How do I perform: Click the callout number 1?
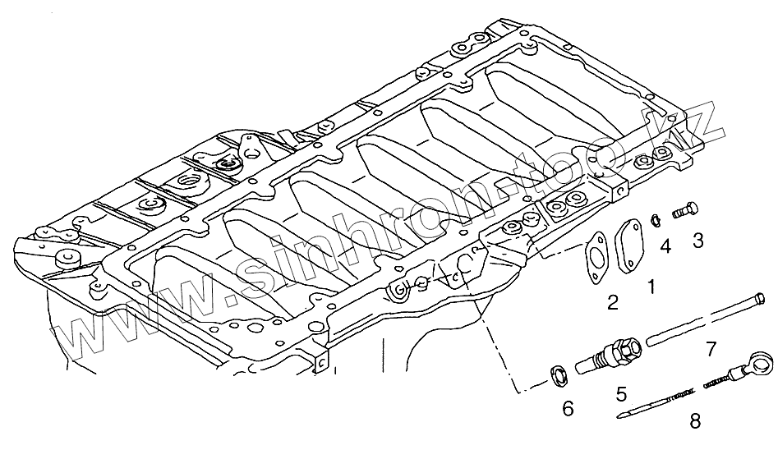pyautogui.click(x=651, y=287)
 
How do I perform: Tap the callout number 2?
pyautogui.click(x=613, y=302)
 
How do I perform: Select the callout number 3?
pyautogui.click(x=697, y=240)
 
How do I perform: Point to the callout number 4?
pyautogui.click(x=665, y=245)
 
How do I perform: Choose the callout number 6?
pyautogui.click(x=568, y=408)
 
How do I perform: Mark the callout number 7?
pyautogui.click(x=711, y=351)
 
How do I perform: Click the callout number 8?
pyautogui.click(x=695, y=421)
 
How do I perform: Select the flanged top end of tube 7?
pyautogui.click(x=762, y=296)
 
